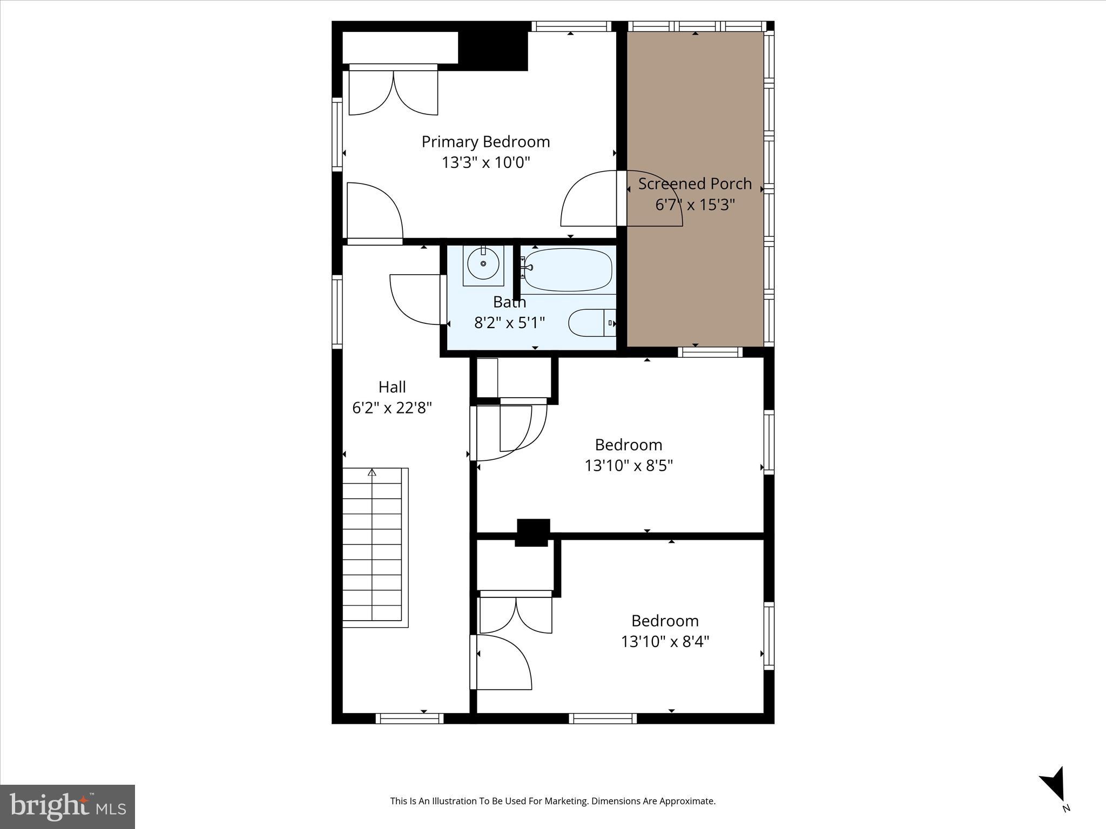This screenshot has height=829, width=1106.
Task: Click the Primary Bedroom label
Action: click(485, 142)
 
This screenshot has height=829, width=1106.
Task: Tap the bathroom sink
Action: click(483, 264)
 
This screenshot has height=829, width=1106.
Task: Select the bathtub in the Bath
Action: click(568, 269)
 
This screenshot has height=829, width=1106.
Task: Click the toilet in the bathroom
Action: click(591, 323)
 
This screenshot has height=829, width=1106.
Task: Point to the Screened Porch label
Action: click(694, 184)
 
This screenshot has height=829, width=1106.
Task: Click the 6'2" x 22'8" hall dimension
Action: click(392, 408)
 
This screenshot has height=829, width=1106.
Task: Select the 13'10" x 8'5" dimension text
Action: click(629, 465)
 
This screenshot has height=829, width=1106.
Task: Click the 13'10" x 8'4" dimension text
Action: click(665, 642)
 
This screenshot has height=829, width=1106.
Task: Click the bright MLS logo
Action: click(67, 806)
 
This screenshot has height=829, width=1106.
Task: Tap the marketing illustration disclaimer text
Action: click(552, 801)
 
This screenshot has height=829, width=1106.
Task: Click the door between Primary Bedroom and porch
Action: click(594, 200)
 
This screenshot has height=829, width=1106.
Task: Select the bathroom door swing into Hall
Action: click(416, 300)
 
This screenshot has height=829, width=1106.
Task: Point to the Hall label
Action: click(392, 387)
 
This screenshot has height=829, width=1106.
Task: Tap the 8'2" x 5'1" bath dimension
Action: click(509, 323)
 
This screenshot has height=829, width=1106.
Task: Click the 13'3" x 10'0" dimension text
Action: click(485, 162)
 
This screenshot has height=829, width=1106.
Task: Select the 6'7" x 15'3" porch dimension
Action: click(694, 205)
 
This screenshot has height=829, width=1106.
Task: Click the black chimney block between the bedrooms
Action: click(533, 532)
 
